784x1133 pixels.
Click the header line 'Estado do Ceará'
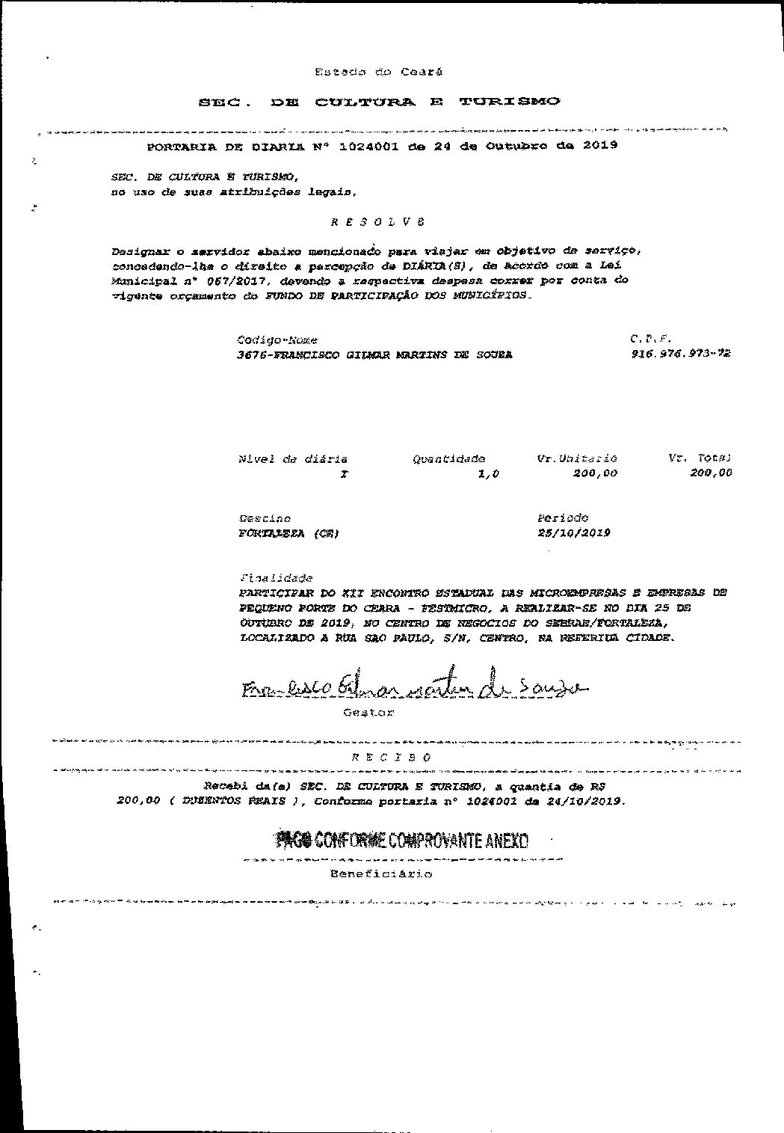[x=378, y=72]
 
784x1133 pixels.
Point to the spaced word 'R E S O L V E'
[x=377, y=222]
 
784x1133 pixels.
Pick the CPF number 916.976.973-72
[x=680, y=354]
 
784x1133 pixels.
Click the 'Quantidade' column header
[x=448, y=458]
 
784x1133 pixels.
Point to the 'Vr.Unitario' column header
[x=577, y=458]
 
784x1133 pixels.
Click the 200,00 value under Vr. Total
[x=711, y=473]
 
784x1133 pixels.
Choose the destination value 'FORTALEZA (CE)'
[x=288, y=533]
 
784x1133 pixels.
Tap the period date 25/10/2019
[x=573, y=532]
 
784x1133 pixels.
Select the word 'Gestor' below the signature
[x=368, y=712]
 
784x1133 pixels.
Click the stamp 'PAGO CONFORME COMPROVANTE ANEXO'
[x=402, y=841]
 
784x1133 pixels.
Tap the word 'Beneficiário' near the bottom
[x=380, y=873]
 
